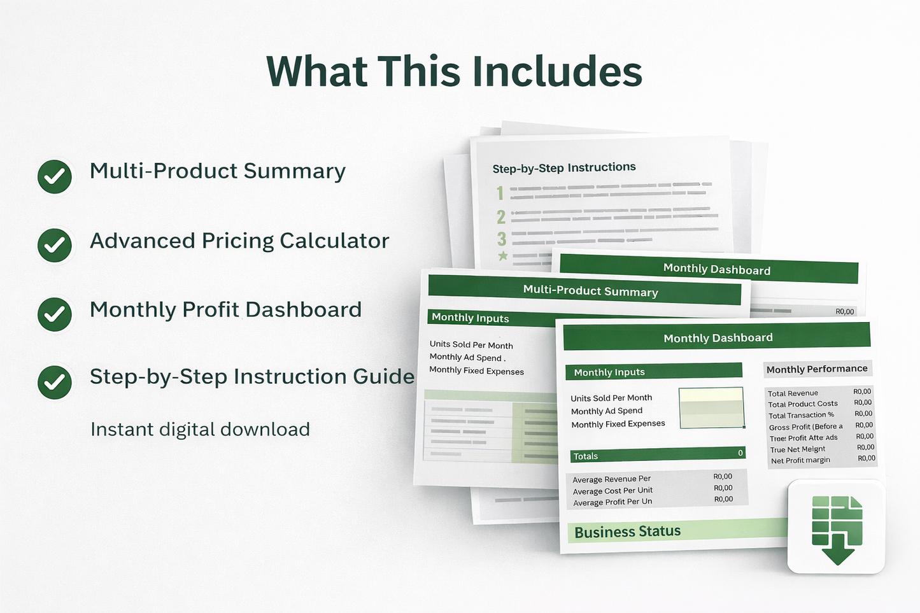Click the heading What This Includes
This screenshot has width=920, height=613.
(x=454, y=71)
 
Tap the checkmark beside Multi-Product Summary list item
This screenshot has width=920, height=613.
(x=55, y=176)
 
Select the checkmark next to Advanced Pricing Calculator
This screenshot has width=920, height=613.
(x=55, y=245)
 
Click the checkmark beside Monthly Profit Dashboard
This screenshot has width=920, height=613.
(x=55, y=314)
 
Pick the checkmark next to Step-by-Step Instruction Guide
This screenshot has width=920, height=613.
(x=55, y=382)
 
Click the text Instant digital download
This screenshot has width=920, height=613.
(x=200, y=430)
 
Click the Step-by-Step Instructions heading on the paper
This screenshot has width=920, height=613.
(x=564, y=168)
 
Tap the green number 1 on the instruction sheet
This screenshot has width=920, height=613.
(x=500, y=193)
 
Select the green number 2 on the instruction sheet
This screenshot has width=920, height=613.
(x=501, y=217)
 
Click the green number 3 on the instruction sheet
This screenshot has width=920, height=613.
(x=502, y=239)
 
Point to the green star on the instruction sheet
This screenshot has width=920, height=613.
(x=503, y=256)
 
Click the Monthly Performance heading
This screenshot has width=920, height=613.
(x=817, y=369)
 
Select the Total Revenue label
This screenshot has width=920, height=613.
(x=793, y=393)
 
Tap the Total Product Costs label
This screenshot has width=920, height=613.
(x=802, y=404)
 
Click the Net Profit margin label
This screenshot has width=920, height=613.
(x=800, y=460)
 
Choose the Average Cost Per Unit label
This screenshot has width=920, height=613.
(x=612, y=491)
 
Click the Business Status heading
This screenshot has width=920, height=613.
(x=627, y=532)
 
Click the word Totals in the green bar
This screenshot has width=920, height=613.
(x=586, y=456)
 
